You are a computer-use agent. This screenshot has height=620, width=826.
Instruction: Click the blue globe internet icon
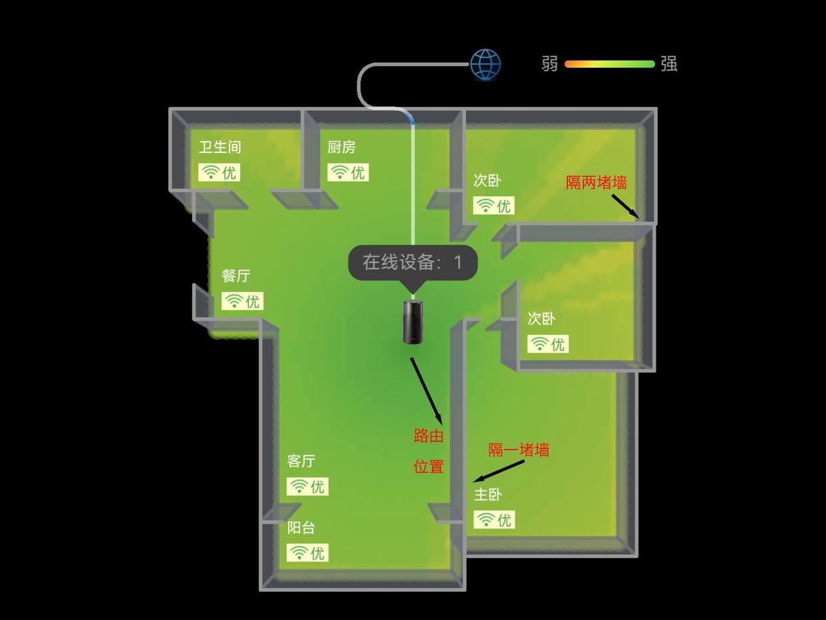click(485, 65)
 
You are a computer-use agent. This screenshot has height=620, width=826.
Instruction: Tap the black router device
click(413, 322)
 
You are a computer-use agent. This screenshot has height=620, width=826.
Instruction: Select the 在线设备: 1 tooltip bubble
click(413, 262)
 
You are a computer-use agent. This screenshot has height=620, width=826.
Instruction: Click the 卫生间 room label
click(219, 147)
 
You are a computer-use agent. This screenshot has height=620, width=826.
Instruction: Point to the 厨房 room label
click(341, 147)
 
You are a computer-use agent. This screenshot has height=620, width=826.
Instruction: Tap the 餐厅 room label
click(236, 275)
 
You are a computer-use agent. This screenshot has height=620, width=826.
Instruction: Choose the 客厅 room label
click(301, 461)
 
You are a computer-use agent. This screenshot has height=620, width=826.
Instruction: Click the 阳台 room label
click(301, 528)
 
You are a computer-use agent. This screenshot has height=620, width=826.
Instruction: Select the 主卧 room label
click(487, 494)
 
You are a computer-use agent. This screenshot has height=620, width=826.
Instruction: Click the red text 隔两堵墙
click(597, 182)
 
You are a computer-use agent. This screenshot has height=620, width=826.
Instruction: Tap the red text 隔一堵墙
click(519, 450)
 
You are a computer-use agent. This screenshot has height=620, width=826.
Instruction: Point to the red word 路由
click(428, 436)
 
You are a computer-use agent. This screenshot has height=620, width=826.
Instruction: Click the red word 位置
click(428, 466)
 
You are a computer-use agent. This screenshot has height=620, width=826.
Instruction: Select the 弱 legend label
click(549, 64)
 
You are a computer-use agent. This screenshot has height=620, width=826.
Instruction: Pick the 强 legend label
click(668, 64)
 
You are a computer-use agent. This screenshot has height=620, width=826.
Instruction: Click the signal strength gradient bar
click(609, 65)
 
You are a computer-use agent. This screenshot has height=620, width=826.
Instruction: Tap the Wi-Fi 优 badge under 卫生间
click(219, 172)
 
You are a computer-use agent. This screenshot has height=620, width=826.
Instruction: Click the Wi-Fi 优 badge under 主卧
click(494, 520)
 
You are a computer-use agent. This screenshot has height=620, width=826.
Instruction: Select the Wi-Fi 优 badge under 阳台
click(307, 553)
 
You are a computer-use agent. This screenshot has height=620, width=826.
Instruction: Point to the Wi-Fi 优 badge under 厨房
click(348, 172)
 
